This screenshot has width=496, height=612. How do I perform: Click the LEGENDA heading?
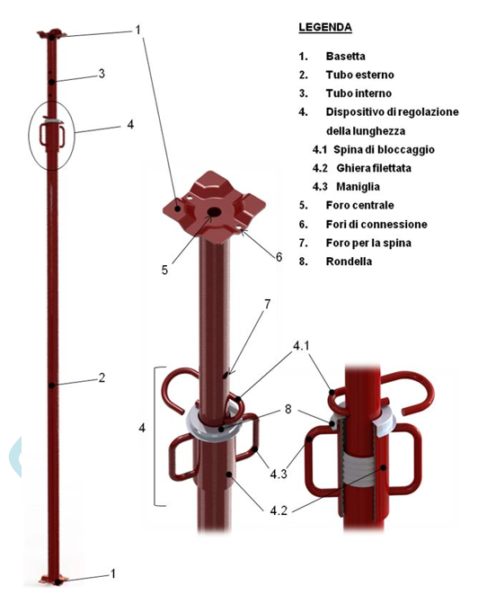[x=325, y=27]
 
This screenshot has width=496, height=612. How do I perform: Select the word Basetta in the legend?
[x=345, y=57]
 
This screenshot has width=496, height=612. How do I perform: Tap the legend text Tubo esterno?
[x=359, y=75]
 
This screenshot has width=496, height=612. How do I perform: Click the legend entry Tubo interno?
[x=359, y=93]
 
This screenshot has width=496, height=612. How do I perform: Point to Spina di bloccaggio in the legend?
[x=384, y=149]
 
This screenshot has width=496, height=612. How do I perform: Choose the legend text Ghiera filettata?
[x=374, y=168]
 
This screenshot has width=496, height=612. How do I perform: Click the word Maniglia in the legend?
[x=358, y=187]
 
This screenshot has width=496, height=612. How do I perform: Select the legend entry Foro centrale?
[x=359, y=205]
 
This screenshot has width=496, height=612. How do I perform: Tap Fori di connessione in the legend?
[x=376, y=224]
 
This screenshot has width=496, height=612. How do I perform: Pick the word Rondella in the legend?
[x=349, y=262]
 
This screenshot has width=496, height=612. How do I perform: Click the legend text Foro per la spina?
[x=368, y=243]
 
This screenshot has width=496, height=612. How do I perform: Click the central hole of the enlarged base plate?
[x=214, y=212]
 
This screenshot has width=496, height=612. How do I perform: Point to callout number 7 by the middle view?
[x=267, y=304]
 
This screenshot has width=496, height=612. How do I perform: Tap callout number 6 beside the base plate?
[x=279, y=257]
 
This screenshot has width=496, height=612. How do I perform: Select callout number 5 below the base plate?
[x=164, y=270]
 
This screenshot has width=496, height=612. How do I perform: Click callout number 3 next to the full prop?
[x=102, y=74]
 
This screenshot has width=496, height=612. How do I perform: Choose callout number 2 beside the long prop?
[x=102, y=377]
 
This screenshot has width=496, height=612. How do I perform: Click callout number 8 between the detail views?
[x=288, y=409]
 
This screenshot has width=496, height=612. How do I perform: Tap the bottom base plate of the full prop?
[x=54, y=581]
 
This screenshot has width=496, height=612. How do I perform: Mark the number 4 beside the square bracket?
[x=142, y=428]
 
